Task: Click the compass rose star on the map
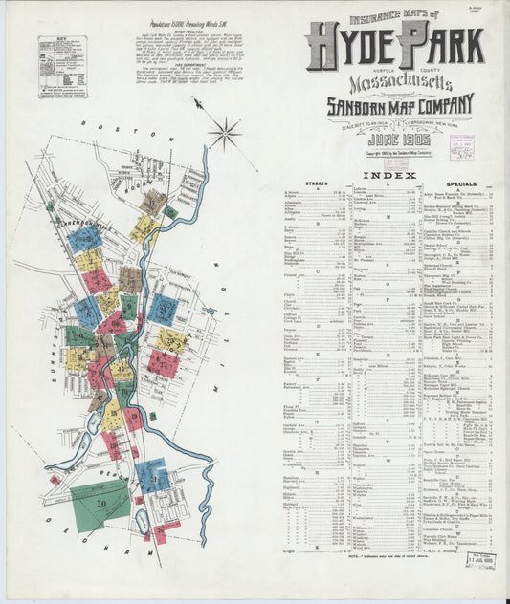pyautogui.click(x=227, y=132)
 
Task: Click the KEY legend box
pyautogui.click(x=62, y=67)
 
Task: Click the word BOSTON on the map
pyautogui.click(x=104, y=126)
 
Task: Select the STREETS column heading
pyautogui.click(x=316, y=182)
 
